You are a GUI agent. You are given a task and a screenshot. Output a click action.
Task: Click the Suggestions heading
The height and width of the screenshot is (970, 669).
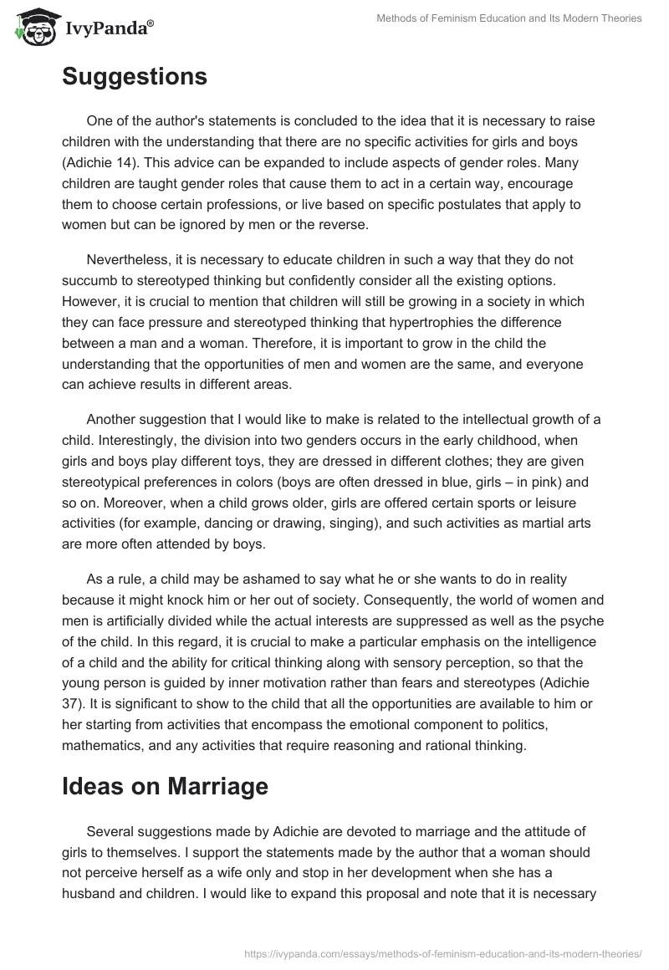point(134,77)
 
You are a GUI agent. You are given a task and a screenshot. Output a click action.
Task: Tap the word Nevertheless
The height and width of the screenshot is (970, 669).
point(128,259)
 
